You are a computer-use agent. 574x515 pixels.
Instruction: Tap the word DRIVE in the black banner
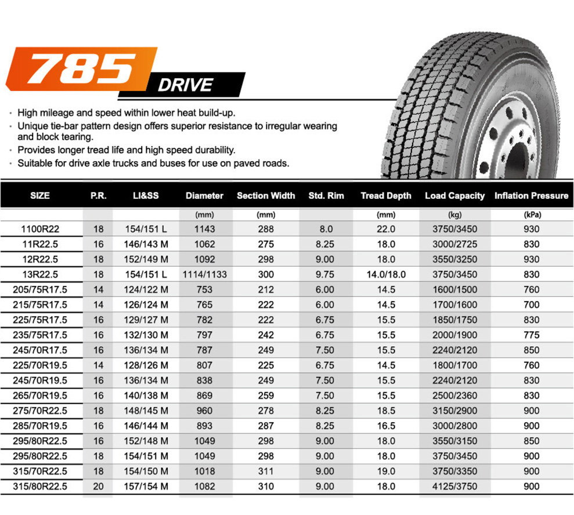pyautogui.click(x=185, y=85)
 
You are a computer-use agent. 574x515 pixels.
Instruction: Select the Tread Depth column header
pyautogui.click(x=386, y=195)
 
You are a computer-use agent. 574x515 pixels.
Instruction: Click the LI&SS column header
pyautogui.click(x=146, y=195)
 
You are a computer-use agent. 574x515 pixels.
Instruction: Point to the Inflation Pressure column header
pyautogui.click(x=531, y=195)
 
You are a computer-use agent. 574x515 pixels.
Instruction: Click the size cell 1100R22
pyautogui.click(x=41, y=229)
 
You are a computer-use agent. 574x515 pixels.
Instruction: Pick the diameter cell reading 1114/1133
pyautogui.click(x=205, y=274)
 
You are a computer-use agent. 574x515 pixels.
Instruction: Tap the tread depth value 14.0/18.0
pyautogui.click(x=386, y=274)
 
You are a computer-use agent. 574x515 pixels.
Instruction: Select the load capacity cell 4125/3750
pyautogui.click(x=455, y=486)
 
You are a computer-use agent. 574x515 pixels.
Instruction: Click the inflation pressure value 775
pyautogui.click(x=531, y=335)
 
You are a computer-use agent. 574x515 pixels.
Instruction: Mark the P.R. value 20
pyautogui.click(x=99, y=486)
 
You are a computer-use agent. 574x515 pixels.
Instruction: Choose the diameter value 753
pyautogui.click(x=205, y=289)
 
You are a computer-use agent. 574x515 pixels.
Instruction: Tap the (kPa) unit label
pyautogui.click(x=531, y=214)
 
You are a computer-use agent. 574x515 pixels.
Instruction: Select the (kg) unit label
pyautogui.click(x=455, y=214)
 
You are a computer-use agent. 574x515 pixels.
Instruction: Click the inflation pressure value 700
pyautogui.click(x=531, y=304)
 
